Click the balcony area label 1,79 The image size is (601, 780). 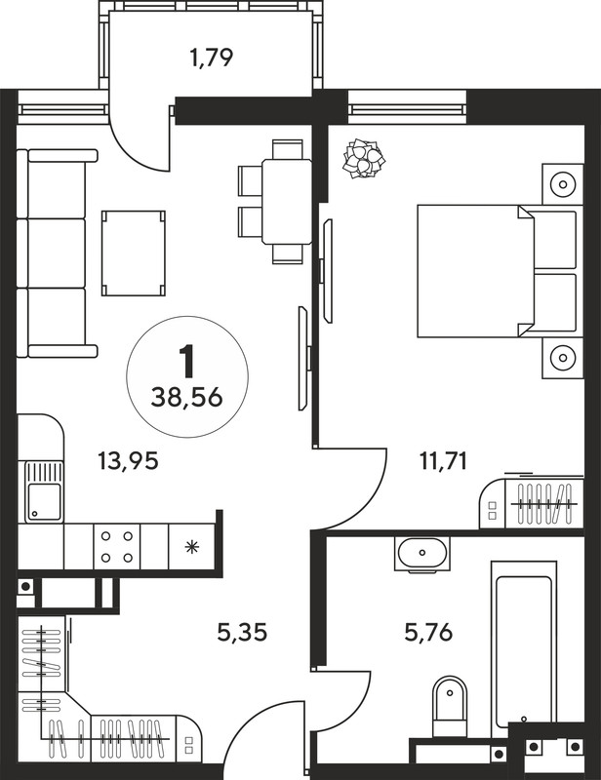(x=212, y=58)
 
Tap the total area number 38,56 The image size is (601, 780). (x=186, y=398)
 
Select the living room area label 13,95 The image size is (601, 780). (x=129, y=461)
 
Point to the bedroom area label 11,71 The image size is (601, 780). (x=443, y=461)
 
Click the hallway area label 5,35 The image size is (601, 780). (x=243, y=633)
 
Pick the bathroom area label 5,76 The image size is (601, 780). (x=428, y=633)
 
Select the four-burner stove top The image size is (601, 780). (x=116, y=546)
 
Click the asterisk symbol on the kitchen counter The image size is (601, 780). (x=191, y=548)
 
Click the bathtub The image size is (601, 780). (x=523, y=648)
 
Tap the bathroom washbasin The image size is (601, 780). (x=422, y=553)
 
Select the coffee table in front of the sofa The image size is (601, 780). (x=134, y=253)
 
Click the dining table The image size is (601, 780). (x=287, y=202)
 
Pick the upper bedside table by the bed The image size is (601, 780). (x=563, y=184)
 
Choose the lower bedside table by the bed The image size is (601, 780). (x=563, y=358)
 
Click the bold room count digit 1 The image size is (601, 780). (x=187, y=362)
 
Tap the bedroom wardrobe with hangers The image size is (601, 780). (x=532, y=503)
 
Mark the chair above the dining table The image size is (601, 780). (x=288, y=149)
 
